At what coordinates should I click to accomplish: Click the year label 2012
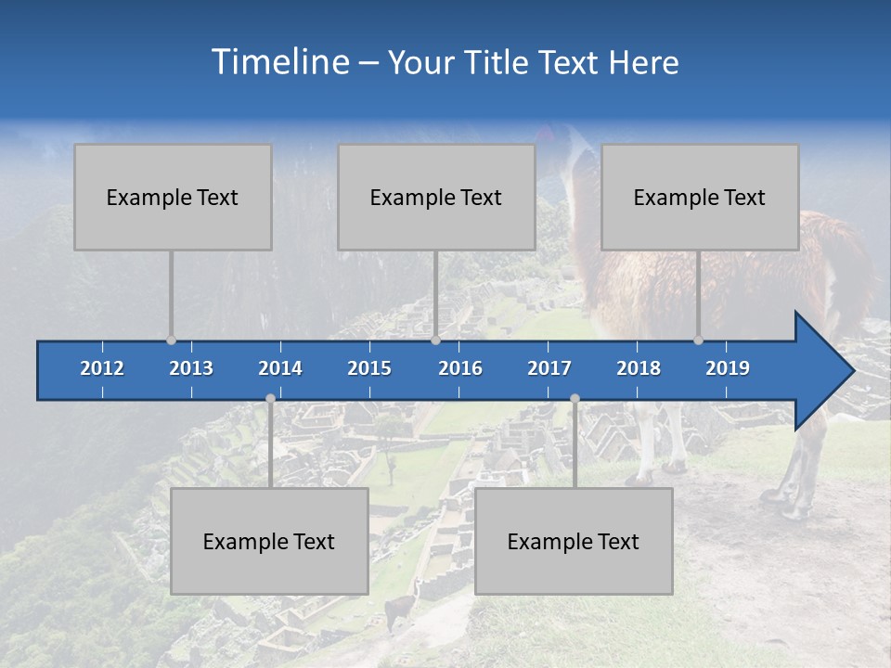click(102, 368)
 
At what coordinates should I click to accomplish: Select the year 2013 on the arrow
click(191, 368)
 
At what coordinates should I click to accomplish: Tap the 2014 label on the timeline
click(280, 368)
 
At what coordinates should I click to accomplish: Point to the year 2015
click(369, 368)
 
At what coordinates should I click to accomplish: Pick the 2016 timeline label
click(460, 368)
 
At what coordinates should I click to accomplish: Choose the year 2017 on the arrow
click(549, 368)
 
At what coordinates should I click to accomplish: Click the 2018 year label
click(639, 368)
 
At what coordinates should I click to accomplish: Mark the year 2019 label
click(728, 368)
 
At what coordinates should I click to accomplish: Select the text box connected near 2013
click(173, 197)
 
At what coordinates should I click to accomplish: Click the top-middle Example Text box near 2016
click(436, 197)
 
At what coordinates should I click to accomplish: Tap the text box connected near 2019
click(700, 197)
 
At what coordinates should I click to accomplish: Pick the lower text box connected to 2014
click(269, 541)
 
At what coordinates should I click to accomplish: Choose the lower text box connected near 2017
click(574, 541)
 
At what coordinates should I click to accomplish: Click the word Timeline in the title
click(278, 61)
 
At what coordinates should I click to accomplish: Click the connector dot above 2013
click(171, 340)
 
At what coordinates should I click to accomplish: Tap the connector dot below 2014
click(270, 399)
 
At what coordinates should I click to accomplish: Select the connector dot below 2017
click(575, 399)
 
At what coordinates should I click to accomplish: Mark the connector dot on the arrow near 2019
click(698, 340)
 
